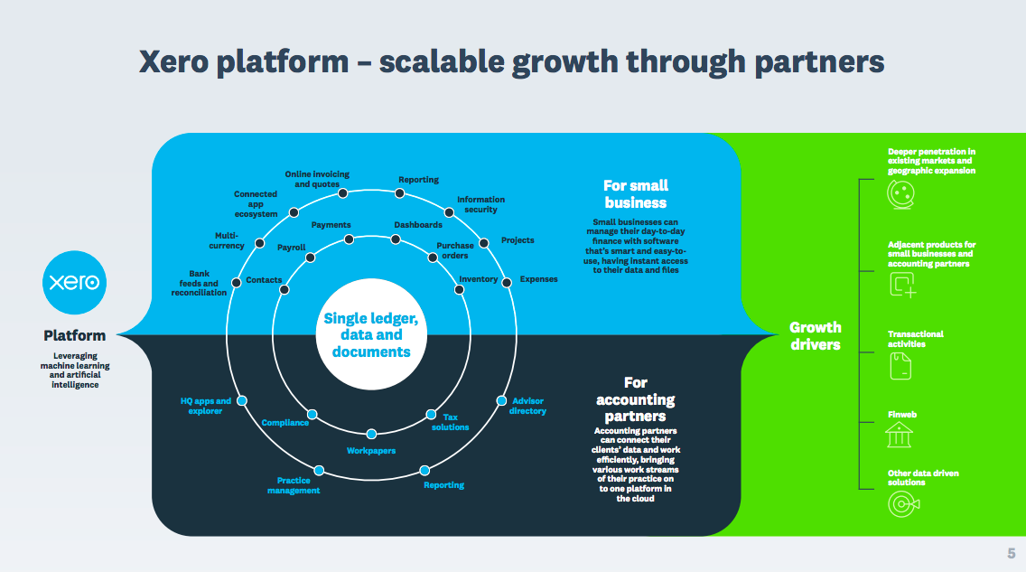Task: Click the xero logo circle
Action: coord(75,282)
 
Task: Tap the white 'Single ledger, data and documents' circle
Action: coord(371,334)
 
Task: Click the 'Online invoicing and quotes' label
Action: coord(317,179)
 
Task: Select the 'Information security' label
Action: coord(480,204)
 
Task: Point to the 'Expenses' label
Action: coord(538,279)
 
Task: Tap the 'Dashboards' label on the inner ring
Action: coord(418,225)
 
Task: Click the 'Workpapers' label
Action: coord(371,450)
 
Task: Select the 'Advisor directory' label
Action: coord(527,406)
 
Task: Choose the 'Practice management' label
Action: coord(294,485)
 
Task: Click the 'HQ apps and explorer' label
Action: coord(206,406)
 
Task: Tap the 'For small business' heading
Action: coord(636,194)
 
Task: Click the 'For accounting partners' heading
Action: coord(636,399)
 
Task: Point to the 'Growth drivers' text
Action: coord(815,335)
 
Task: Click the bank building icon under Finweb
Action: coord(899,436)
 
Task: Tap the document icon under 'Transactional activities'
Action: coord(900,364)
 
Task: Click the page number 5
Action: coord(1012,553)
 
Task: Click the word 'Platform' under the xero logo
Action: coord(75,335)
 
